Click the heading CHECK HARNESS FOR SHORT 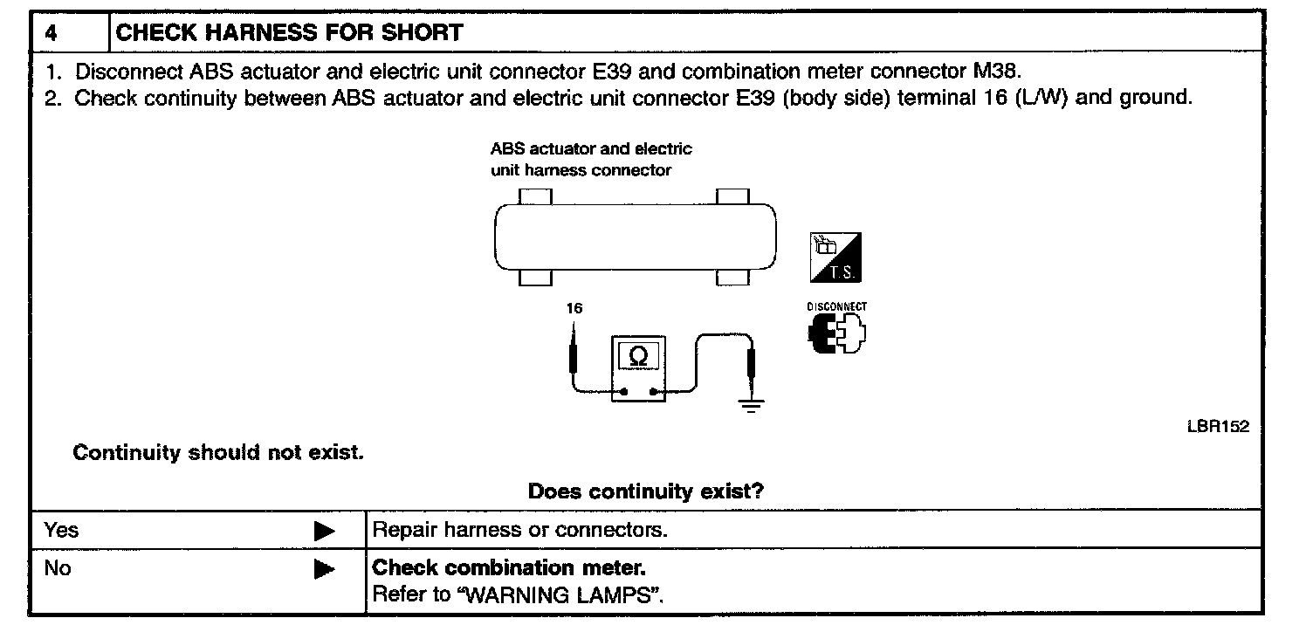tap(290, 34)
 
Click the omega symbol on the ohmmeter tap(639, 356)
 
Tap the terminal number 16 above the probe tap(574, 307)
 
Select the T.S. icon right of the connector tap(835, 258)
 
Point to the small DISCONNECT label tap(836, 307)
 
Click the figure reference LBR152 tap(1217, 427)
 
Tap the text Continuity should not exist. tap(217, 453)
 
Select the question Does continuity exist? tap(646, 491)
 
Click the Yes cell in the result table tap(61, 530)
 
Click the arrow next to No tap(324, 570)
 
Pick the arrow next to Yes tap(324, 531)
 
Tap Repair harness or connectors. tap(520, 530)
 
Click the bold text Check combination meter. tap(509, 568)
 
